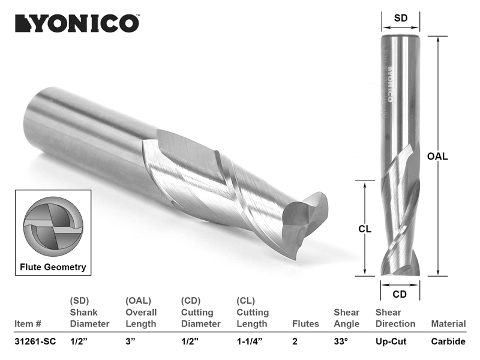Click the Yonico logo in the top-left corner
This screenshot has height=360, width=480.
pos(77,23)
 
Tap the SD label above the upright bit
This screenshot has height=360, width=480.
pos(401,18)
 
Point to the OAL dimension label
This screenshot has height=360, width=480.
pos(437,156)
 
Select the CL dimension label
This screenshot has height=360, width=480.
pos(365,229)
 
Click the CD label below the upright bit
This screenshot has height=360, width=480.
pos(400,294)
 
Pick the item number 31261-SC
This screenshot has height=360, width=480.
pos(35,341)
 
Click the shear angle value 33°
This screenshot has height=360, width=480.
pos(341,341)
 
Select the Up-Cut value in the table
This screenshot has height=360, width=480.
pos(391,341)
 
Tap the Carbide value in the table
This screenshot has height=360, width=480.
pos(448,341)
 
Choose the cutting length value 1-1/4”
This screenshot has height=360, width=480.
pos(249,341)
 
